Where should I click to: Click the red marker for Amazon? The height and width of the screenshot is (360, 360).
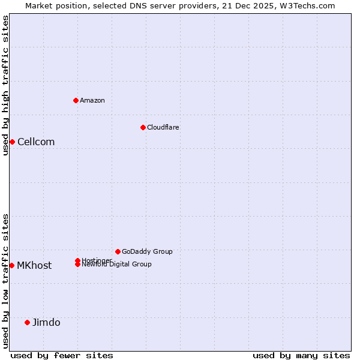76,100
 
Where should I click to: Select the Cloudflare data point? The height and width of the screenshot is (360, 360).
143,127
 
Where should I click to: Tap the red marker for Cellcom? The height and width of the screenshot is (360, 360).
12,142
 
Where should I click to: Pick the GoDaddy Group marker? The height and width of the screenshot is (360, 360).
118,251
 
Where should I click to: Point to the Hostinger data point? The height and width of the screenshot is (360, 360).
77,260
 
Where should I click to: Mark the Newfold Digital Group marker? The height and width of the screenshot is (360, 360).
77,265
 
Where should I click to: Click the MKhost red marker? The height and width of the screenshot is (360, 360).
12,265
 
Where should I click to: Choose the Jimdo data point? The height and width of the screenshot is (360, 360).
27,322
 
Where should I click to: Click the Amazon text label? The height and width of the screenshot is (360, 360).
92,100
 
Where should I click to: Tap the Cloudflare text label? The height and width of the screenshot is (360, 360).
163,127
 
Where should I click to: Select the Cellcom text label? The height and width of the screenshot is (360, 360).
36,142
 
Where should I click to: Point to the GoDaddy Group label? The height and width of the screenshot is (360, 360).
147,251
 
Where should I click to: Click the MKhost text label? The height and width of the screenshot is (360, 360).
34,265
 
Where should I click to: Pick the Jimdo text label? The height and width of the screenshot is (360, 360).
46,322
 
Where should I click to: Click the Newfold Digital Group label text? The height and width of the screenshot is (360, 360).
116,265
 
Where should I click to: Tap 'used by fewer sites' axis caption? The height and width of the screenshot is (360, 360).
62,355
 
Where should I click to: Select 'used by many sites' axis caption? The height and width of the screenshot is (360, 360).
301,355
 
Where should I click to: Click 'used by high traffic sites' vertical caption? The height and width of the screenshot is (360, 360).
5,85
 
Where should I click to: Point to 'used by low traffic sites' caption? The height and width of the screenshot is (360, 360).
5,281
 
